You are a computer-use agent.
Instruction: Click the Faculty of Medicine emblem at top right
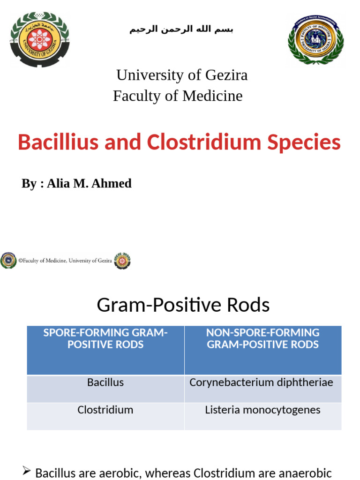pos(315,39)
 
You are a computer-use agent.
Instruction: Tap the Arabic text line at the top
pos(181,30)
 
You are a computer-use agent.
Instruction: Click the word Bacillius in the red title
pos(59,142)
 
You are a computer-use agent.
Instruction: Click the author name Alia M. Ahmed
pos(89,183)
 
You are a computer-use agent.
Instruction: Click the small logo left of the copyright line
pos(8,261)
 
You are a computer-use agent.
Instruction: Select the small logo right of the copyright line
pos(122,261)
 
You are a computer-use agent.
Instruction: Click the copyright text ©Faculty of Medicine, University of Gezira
pos(65,261)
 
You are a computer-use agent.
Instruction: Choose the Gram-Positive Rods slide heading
pos(183,305)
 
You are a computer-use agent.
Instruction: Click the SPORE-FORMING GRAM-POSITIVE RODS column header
pos(105,338)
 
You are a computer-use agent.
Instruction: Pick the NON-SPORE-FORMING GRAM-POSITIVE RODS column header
pos(262,338)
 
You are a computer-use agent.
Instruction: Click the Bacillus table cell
pos(105,382)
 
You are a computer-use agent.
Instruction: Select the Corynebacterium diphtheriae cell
pos(261,382)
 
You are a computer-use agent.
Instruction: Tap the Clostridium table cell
pos(105,410)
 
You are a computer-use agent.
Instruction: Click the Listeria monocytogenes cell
pos(262,410)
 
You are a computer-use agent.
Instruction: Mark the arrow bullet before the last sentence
pos(27,472)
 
